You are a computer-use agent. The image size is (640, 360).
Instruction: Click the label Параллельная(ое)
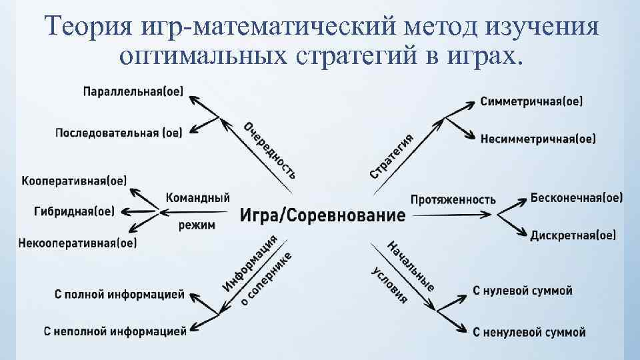(x=133, y=91)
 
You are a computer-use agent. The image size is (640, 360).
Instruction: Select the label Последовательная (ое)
(x=119, y=132)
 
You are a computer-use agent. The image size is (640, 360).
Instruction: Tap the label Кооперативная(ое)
(x=74, y=181)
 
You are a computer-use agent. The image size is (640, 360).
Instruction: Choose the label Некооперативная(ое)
(x=78, y=243)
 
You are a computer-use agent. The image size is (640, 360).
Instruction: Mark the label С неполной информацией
(x=115, y=330)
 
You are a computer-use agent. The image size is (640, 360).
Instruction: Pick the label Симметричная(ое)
(x=531, y=102)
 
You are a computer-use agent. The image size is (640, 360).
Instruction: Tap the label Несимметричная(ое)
(x=538, y=139)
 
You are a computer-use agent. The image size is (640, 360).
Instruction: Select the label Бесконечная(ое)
(x=577, y=198)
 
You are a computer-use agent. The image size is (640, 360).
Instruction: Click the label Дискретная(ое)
(x=573, y=235)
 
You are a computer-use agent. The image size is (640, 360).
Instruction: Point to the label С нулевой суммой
(x=523, y=291)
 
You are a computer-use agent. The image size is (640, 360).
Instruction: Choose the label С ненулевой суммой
(x=529, y=331)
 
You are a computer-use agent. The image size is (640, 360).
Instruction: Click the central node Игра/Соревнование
(x=322, y=215)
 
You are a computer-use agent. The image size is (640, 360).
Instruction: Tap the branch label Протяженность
(x=453, y=199)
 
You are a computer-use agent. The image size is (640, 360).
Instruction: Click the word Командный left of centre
(x=197, y=198)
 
